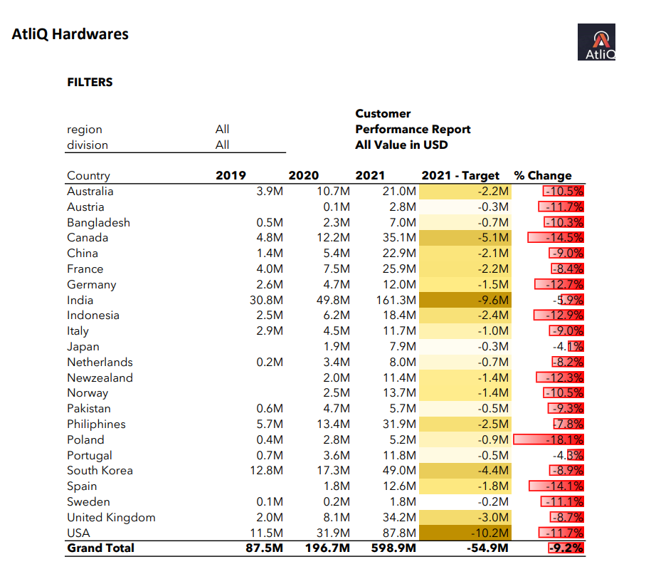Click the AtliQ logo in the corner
coord(596,42)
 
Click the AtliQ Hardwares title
coord(70,34)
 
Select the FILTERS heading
coord(90,83)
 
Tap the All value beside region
coord(222,130)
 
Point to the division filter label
coord(88,145)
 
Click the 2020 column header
coord(304,175)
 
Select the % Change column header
coord(543,175)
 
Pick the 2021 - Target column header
coord(460,175)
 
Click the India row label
coord(80,300)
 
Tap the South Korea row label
coord(100,471)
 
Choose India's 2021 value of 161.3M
coord(396,300)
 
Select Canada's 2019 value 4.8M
coord(270,238)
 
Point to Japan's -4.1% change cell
coord(568,347)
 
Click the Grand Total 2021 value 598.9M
coord(393,548)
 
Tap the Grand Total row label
coord(101,548)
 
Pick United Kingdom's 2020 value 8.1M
coord(337,518)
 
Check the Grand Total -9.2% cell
coord(566,548)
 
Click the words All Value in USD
coord(401,145)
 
